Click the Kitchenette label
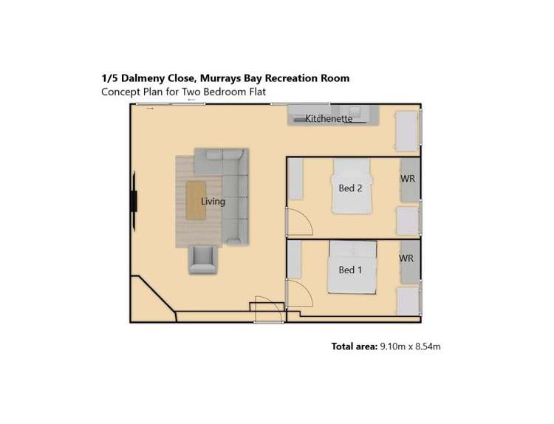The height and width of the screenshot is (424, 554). [329, 118]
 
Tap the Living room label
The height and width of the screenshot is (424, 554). [213, 201]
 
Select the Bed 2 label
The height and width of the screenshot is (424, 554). [350, 188]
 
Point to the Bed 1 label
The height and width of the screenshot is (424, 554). [350, 270]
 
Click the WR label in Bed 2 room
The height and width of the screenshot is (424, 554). [406, 179]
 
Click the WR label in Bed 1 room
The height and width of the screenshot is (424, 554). [406, 259]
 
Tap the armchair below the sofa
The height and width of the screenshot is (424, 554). [203, 259]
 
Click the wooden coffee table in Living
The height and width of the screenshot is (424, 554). [195, 199]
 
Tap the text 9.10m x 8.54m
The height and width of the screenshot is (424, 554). [410, 345]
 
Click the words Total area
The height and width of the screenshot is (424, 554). [354, 345]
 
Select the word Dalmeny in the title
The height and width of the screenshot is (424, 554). [139, 78]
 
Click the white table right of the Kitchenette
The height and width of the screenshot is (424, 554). [406, 131]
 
